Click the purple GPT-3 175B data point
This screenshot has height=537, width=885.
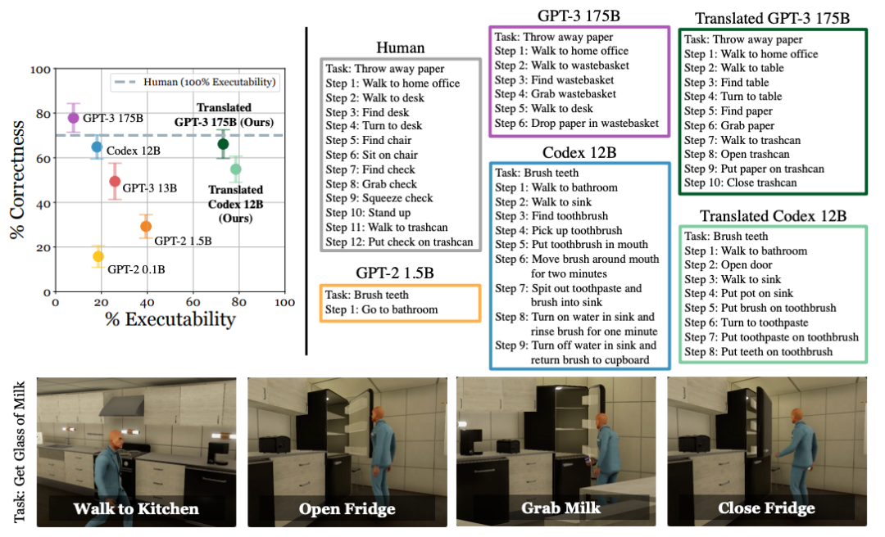point(74,118)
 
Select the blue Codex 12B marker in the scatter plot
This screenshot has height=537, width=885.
point(97,147)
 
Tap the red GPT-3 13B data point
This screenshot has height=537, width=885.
point(115,181)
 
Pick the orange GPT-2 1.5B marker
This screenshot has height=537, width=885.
point(146,226)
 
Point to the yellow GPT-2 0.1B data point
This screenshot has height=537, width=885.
point(98,257)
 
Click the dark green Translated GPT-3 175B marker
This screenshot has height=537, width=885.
point(223,144)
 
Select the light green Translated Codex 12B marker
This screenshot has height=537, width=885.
point(236,169)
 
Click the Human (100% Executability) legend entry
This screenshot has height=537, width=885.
point(195,83)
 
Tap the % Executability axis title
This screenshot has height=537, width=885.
point(170,319)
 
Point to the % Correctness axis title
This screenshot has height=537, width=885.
point(17,179)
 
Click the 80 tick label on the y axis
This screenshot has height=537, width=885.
point(43,114)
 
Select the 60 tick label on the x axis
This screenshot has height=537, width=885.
point(193,302)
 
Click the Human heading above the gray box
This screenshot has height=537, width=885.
point(400,48)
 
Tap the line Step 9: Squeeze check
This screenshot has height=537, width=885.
point(379,198)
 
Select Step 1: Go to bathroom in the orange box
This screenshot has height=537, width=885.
point(382,309)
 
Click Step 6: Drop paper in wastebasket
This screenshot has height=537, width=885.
point(577,123)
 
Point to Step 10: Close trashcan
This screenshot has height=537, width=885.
point(741,183)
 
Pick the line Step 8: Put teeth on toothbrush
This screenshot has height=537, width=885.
point(759,351)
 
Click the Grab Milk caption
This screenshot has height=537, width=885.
point(561,508)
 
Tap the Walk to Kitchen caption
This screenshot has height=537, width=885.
point(136,508)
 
